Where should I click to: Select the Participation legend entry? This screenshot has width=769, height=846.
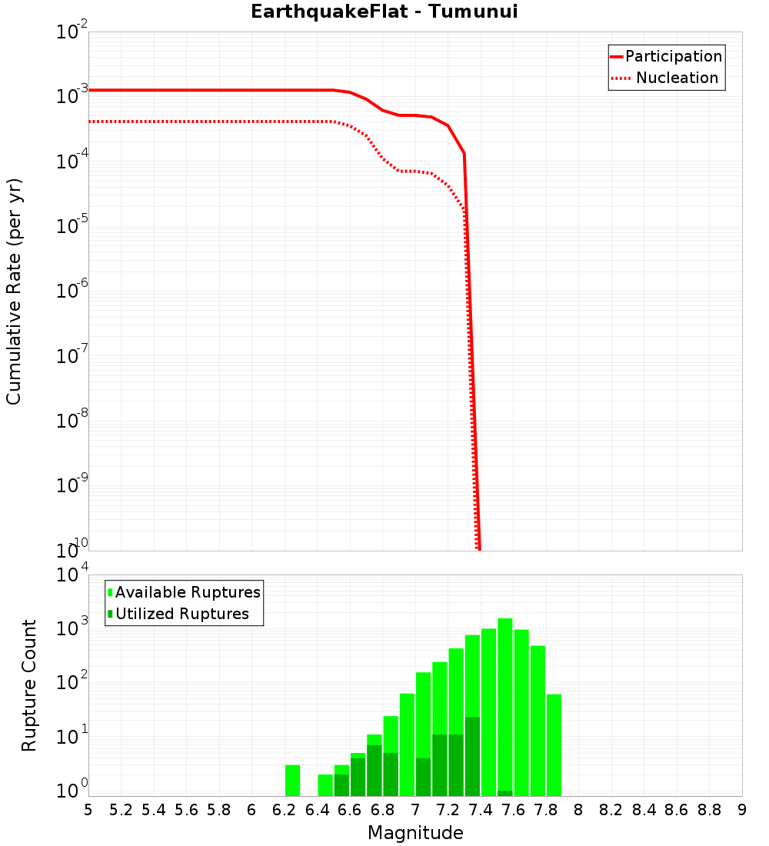666,57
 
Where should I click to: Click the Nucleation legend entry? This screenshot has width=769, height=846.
666,78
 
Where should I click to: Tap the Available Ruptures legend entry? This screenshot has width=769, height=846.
185,593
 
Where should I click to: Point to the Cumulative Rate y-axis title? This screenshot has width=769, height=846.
15,291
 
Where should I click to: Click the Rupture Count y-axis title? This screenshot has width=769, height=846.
29,685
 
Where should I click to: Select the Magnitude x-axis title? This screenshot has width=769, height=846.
415,833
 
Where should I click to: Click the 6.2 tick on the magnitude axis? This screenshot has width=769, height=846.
284,810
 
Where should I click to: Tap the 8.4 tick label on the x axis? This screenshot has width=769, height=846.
644,810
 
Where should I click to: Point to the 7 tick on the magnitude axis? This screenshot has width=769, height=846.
415,810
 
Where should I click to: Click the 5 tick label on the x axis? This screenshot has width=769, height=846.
88,810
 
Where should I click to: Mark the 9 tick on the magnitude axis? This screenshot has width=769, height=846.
742,810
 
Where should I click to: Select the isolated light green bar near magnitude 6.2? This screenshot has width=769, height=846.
292,781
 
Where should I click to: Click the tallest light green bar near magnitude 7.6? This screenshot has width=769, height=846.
505,708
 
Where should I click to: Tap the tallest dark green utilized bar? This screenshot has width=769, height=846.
472,757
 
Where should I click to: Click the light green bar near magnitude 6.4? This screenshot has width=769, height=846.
325,785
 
